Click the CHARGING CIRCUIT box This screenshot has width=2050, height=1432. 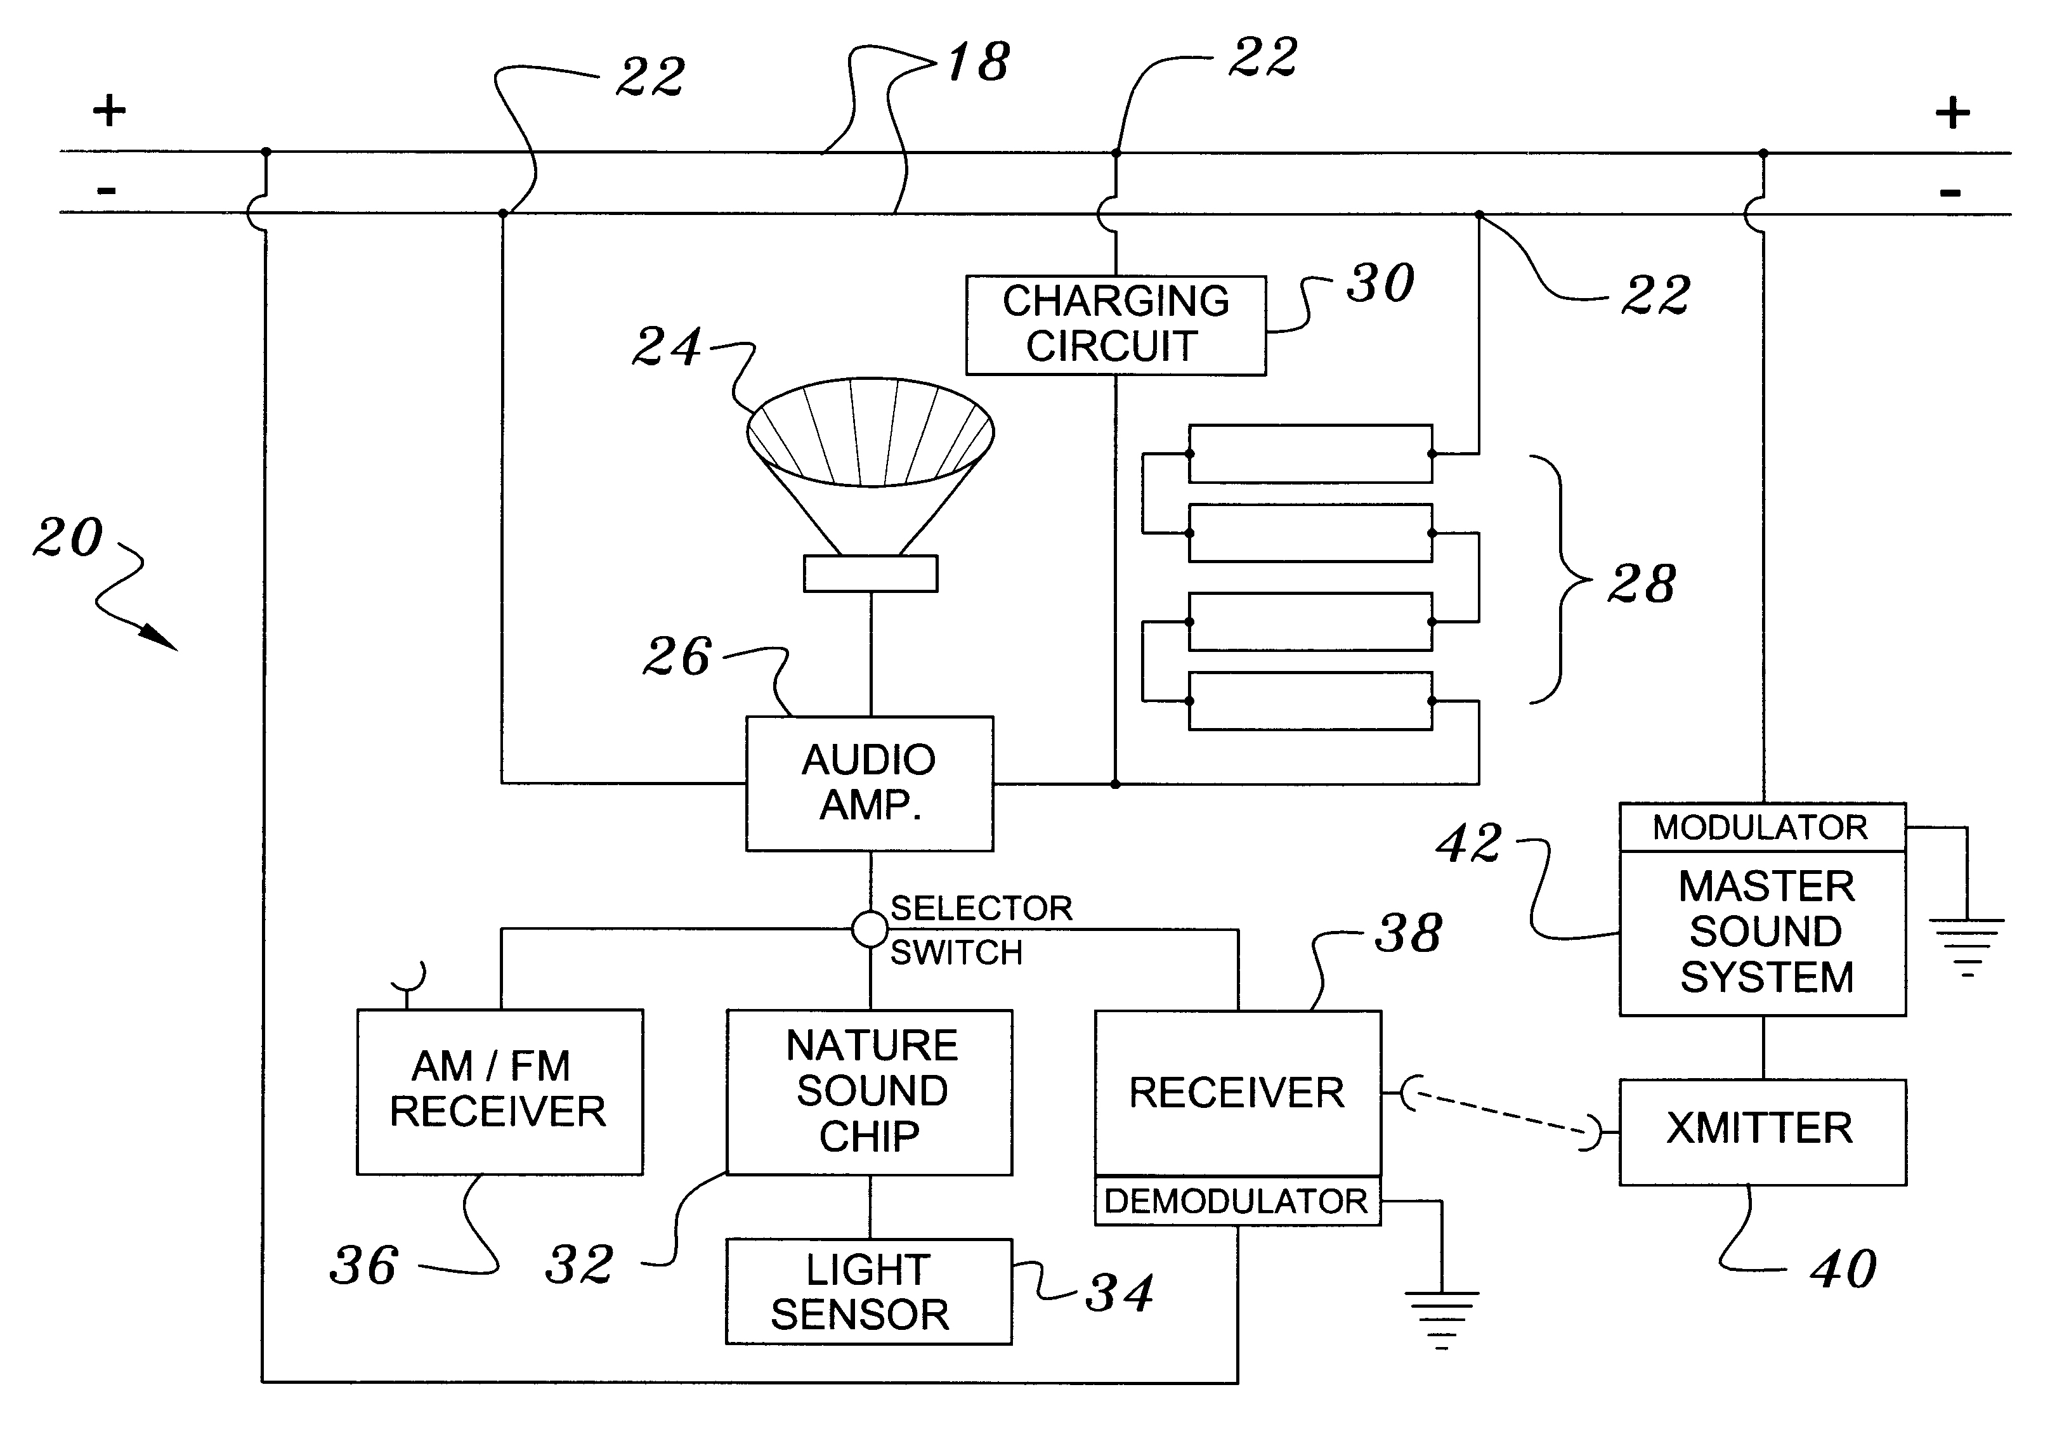1115,325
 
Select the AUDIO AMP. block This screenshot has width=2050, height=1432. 869,783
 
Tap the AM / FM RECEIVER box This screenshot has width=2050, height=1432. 499,1091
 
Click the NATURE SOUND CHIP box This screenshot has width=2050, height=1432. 870,1091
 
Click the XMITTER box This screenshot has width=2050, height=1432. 1761,1131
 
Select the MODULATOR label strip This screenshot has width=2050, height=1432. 1761,828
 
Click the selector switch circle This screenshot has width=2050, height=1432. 870,929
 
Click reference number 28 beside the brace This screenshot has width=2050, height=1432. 1641,585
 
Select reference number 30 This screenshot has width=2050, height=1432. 1380,284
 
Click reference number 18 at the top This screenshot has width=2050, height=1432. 979,63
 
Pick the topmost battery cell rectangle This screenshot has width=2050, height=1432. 1310,453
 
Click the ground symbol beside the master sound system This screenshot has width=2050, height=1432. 1967,946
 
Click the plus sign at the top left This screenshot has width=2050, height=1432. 109,111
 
